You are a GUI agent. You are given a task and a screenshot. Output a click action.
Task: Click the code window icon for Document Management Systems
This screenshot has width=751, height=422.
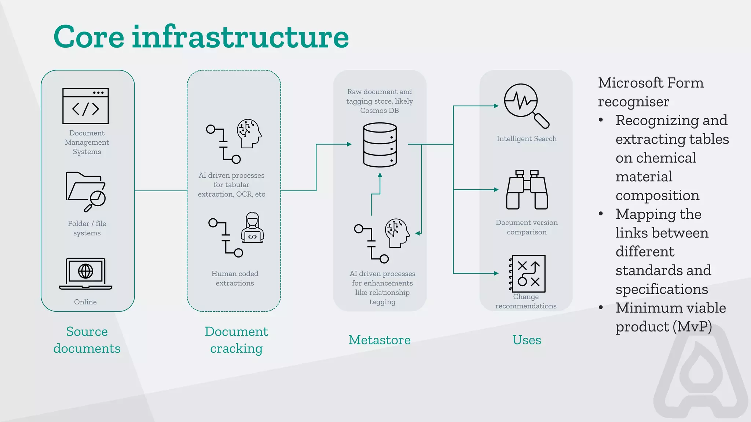(85, 106)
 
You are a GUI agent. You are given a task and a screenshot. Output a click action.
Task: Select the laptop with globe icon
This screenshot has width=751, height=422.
(85, 274)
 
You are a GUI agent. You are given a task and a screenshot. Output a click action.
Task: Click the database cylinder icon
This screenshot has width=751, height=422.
(380, 145)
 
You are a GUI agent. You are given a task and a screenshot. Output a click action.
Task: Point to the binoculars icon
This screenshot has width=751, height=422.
(527, 190)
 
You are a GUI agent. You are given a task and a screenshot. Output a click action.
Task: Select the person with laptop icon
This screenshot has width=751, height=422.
(253, 228)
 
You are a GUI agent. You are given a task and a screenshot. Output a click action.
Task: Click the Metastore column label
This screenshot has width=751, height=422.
(380, 340)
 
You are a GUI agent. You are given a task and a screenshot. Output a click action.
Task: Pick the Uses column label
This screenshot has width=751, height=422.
(527, 340)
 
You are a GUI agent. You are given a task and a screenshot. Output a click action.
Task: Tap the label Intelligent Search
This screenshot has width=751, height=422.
(527, 139)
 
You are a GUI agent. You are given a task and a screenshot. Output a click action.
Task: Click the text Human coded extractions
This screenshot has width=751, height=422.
(235, 278)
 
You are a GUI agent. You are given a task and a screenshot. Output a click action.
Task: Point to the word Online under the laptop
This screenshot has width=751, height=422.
(85, 302)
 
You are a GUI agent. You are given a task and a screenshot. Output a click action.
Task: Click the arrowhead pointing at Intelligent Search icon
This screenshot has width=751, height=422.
(496, 106)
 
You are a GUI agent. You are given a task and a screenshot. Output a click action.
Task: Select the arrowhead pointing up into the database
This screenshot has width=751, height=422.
(380, 175)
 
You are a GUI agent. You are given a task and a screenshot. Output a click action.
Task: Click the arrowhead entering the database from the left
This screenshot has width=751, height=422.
(349, 144)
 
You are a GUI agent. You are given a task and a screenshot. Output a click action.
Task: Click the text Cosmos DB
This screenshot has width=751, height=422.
(379, 111)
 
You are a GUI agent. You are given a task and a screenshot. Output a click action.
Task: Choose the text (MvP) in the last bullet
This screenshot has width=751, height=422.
(692, 327)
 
